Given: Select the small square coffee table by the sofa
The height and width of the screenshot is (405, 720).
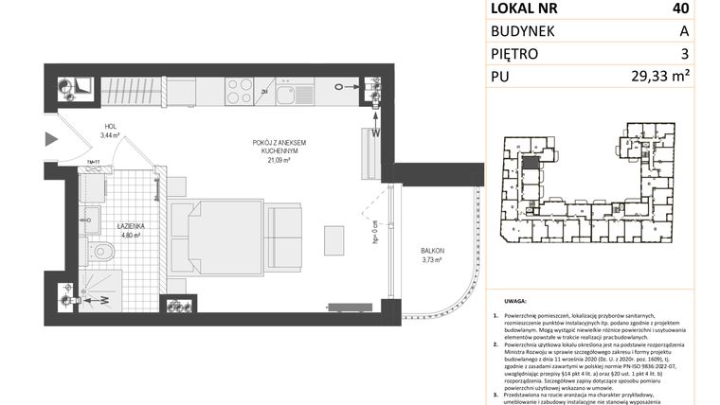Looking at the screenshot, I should (334, 238).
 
